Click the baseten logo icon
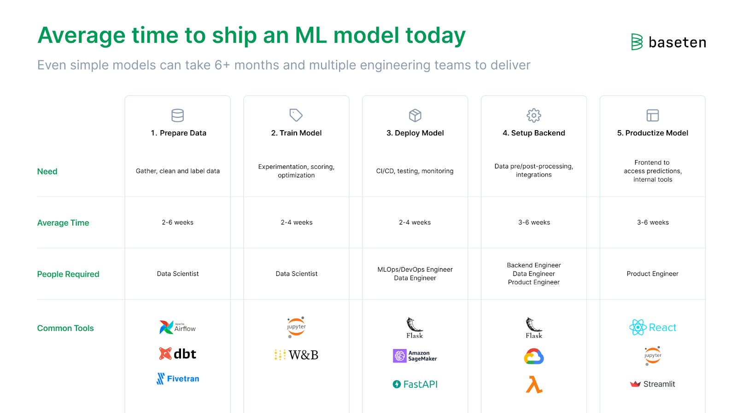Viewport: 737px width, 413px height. click(637, 42)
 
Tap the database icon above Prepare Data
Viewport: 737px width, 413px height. click(178, 115)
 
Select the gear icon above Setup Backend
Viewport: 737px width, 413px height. click(534, 115)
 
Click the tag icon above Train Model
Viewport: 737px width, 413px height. click(296, 115)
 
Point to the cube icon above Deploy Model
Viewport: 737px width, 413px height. click(415, 115)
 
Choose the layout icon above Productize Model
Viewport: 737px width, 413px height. click(652, 115)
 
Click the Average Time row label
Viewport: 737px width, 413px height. click(63, 223)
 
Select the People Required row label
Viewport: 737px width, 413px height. click(68, 274)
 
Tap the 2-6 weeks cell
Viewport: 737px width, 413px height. click(178, 223)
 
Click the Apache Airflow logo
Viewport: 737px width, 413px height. click(177, 327)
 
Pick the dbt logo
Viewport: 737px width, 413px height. click(177, 354)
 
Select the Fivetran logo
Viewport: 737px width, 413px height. click(178, 379)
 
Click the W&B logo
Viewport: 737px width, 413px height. click(296, 355)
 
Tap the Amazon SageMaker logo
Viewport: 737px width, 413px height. click(415, 356)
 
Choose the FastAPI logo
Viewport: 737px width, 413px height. click(415, 384)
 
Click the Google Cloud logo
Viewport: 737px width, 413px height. click(534, 356)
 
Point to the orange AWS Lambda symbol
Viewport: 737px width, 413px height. click(534, 384)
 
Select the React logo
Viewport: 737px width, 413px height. click(652, 327)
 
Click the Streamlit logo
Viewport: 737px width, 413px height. click(652, 384)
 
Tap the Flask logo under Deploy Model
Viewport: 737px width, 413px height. click(415, 328)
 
